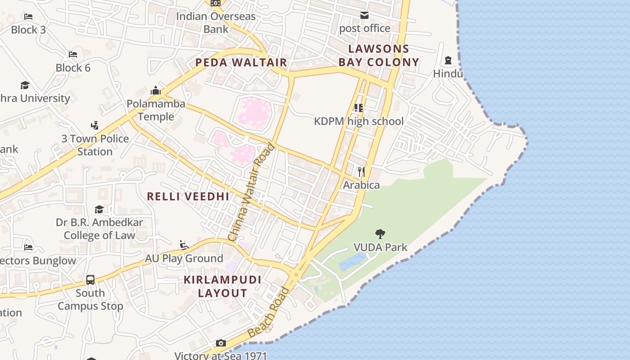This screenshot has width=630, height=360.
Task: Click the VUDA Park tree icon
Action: click(380, 234)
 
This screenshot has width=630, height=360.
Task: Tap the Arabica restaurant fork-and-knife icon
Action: click(361, 171)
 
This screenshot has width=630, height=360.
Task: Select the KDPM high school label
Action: click(359, 121)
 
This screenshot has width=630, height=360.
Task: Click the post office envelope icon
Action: click(364, 16)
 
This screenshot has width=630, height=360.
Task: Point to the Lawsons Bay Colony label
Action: click(378, 55)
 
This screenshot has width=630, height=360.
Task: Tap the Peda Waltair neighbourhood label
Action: click(241, 63)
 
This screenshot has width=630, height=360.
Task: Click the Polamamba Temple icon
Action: click(156, 90)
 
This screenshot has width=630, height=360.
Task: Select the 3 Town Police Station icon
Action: click(94, 126)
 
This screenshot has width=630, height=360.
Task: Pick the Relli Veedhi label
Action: click(188, 196)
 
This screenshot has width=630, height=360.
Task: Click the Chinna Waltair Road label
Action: click(251, 192)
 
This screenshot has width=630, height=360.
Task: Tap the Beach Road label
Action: click(269, 312)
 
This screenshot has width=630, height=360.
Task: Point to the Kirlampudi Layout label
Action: click(222, 286)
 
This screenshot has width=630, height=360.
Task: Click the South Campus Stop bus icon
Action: click(90, 279)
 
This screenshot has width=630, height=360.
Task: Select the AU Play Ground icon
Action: click(184, 245)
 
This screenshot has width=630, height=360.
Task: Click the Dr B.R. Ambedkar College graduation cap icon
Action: click(99, 209)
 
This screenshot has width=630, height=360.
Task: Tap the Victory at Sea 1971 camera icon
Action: click(220, 343)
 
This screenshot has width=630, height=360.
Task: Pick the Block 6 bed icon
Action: click(73, 54)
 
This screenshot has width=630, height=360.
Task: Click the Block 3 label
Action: click(28, 30)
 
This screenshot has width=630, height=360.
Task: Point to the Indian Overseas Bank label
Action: click(216, 22)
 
